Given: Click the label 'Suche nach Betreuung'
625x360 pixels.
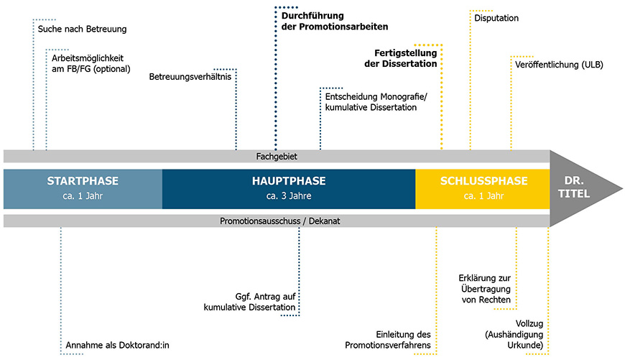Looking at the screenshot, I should pyautogui.click(x=82, y=29).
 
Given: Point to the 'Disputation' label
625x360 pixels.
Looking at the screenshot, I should pyautogui.click(x=496, y=18).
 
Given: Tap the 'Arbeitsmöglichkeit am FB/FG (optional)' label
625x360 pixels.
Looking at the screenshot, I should pyautogui.click(x=90, y=63).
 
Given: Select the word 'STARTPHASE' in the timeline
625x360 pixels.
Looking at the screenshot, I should pyautogui.click(x=83, y=181).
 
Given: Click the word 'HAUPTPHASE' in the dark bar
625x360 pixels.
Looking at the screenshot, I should pyautogui.click(x=289, y=181).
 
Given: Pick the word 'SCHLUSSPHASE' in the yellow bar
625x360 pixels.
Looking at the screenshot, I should pyautogui.click(x=483, y=181).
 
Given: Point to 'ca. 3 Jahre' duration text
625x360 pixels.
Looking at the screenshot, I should pyautogui.click(x=289, y=196).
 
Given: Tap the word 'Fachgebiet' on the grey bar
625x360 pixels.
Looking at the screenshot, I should pyautogui.click(x=277, y=156).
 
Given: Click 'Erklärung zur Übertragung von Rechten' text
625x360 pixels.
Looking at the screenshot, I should pyautogui.click(x=484, y=288).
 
